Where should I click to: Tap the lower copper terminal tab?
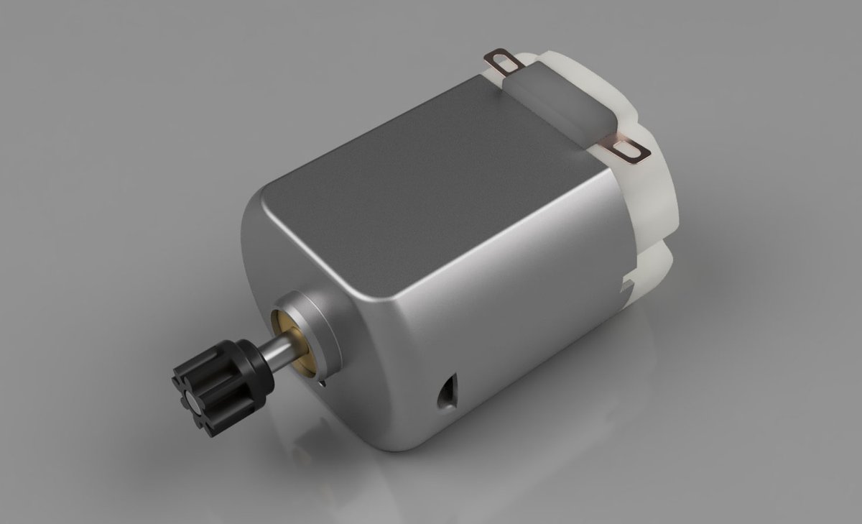coord(627,148)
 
